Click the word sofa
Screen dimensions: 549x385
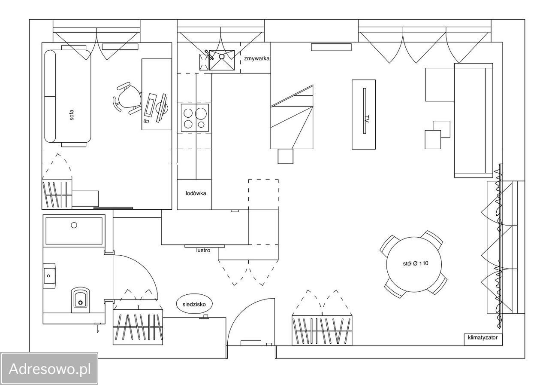pyautogui.click(x=72, y=115)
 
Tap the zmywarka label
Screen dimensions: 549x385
pyautogui.click(x=256, y=58)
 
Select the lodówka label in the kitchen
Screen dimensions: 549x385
pyautogui.click(x=196, y=193)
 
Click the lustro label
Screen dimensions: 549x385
pyautogui.click(x=203, y=250)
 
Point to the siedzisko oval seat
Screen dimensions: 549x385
pyautogui.click(x=194, y=304)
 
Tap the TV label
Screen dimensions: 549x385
pyautogui.click(x=367, y=119)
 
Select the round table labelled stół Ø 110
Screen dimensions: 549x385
pyautogui.click(x=414, y=264)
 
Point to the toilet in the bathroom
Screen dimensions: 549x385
pyautogui.click(x=80, y=300)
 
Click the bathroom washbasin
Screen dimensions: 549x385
pyautogui.click(x=49, y=276)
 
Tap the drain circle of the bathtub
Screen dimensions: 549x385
pyautogui.click(x=74, y=225)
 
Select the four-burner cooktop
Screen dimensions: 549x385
pyautogui.click(x=195, y=118)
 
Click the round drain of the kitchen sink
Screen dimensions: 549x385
pyautogui.click(x=222, y=56)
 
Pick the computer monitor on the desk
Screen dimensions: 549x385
pyautogui.click(x=162, y=107)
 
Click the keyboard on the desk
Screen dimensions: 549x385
pyautogui.click(x=150, y=105)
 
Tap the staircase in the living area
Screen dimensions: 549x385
pyautogui.click(x=292, y=117)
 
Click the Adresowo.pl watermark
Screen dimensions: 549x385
pyautogui.click(x=49, y=369)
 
